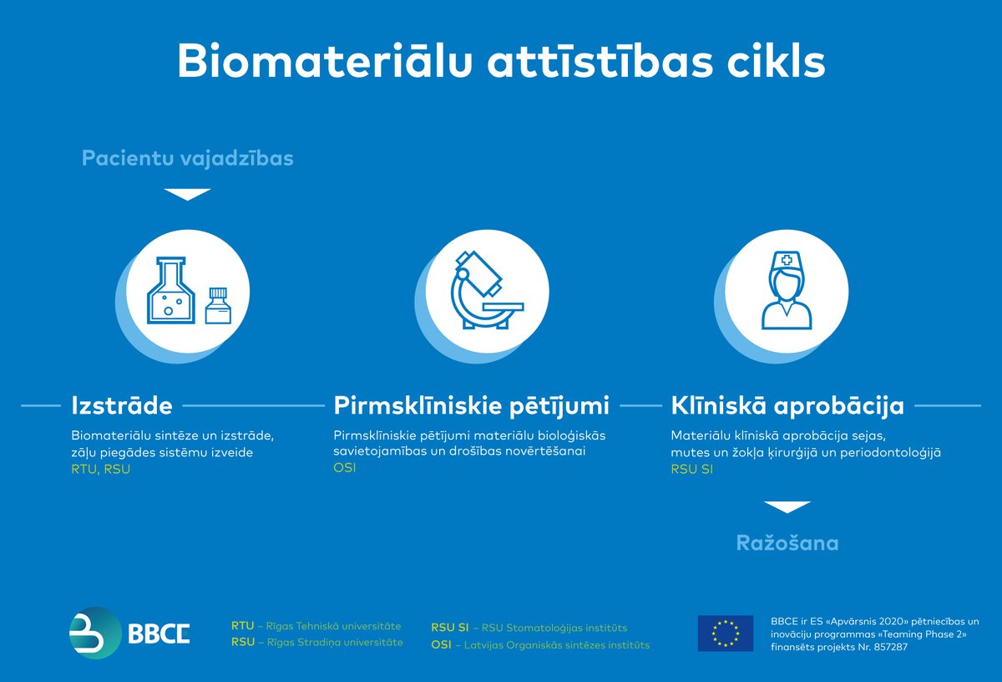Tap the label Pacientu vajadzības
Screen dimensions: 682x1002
tap(187, 158)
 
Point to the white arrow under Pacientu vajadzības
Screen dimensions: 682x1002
tap(187, 194)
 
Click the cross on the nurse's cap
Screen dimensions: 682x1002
tap(787, 261)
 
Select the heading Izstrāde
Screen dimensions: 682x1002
tap(122, 406)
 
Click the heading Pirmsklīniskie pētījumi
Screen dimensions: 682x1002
tap(471, 406)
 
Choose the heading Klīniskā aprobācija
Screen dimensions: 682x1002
tap(787, 406)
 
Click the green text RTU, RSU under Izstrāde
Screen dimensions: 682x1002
tap(101, 470)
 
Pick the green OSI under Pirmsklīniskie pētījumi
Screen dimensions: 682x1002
tap(344, 468)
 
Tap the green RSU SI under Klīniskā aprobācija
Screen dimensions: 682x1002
tap(692, 470)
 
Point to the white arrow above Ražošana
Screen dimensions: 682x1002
tap(787, 507)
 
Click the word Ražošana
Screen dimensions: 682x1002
tap(787, 543)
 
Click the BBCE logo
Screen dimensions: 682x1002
tap(129, 633)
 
